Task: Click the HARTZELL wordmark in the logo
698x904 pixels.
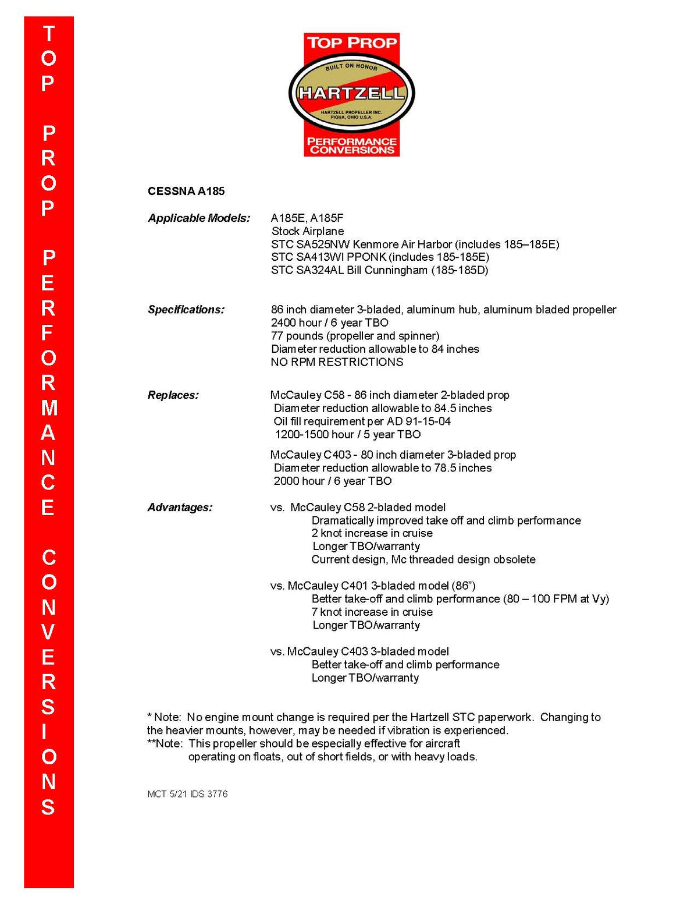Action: [351, 93]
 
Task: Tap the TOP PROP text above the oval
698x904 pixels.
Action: [352, 42]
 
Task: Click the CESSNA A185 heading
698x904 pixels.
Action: [186, 192]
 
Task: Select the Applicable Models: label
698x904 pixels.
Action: [199, 218]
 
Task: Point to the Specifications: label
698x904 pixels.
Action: [186, 310]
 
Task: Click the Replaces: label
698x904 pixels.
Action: [173, 395]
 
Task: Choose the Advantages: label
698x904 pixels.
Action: [180, 508]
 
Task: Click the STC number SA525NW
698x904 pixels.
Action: [323, 244]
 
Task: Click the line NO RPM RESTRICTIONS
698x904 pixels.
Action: [337, 362]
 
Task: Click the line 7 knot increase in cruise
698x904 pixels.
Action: [372, 612]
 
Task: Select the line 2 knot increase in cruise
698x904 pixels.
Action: [372, 533]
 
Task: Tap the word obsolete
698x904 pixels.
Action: [514, 559]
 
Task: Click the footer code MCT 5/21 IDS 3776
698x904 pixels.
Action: [187, 794]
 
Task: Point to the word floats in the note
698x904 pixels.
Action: [267, 757]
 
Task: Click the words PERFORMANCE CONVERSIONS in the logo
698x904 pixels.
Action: [352, 146]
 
